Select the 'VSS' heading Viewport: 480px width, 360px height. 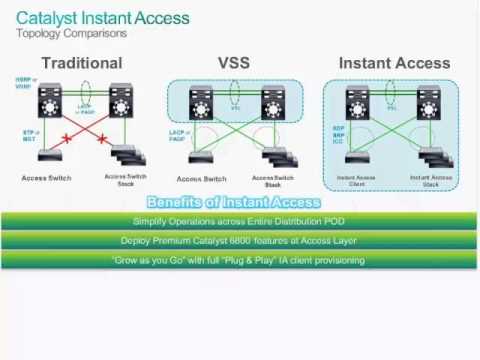234,63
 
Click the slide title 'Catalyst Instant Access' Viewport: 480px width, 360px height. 99,17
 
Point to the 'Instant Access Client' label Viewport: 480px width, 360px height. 354,181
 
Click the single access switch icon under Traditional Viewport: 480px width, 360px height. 45,155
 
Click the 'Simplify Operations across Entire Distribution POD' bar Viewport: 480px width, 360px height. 239,221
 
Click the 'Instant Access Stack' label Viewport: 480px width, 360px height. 431,181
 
